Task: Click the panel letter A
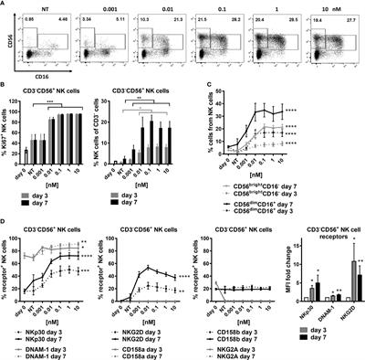5,5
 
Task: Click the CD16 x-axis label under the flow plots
39,79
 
